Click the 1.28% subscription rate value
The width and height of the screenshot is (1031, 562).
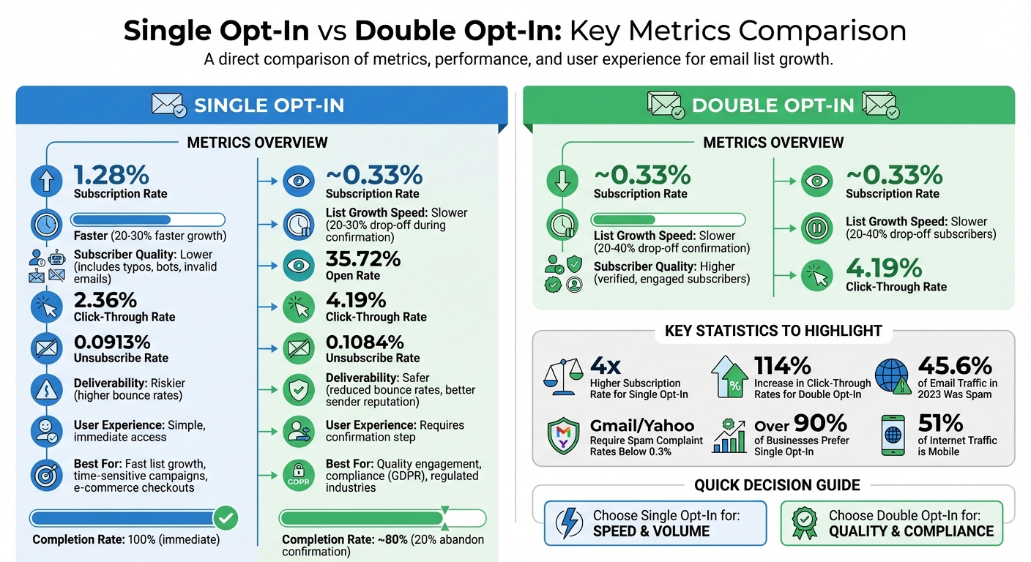pos(111,176)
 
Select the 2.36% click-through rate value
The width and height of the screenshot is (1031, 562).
pos(105,300)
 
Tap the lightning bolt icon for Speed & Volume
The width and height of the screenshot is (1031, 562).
pos(569,523)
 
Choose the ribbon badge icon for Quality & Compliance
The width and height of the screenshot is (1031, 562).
pos(805,523)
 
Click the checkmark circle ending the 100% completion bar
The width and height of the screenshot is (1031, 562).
pos(226,518)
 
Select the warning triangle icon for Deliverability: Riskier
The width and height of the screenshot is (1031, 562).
pos(46,389)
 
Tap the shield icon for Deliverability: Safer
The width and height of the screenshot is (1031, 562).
pos(298,389)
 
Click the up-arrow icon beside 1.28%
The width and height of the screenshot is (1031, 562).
pos(46,181)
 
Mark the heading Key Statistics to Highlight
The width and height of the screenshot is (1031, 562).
pos(773,331)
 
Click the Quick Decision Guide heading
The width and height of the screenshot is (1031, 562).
pos(776,485)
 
